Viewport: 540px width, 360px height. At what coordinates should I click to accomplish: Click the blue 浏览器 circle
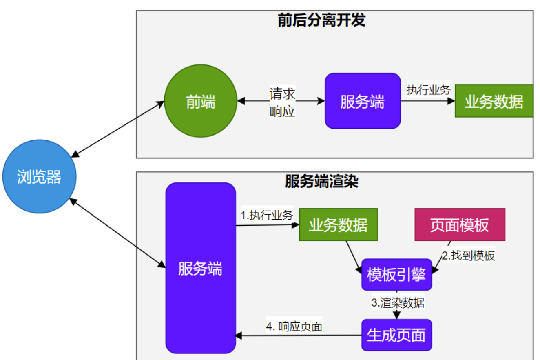click(39, 176)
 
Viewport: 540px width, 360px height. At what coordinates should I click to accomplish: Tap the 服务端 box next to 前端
click(362, 101)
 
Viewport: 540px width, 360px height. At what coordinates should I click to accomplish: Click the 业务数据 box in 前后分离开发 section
click(494, 101)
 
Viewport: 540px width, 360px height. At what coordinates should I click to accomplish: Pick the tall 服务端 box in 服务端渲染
click(200, 268)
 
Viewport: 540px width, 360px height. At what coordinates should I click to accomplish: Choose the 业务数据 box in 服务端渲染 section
click(338, 224)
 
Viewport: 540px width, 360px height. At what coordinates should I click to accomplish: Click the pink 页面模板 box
click(460, 224)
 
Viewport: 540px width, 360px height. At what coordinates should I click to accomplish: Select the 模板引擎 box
click(396, 274)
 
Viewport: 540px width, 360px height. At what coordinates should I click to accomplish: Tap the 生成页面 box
click(396, 335)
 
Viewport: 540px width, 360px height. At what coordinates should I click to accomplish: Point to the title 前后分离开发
click(321, 20)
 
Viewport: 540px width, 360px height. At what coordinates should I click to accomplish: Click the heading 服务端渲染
click(321, 181)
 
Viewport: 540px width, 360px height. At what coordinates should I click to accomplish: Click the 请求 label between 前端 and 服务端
click(282, 93)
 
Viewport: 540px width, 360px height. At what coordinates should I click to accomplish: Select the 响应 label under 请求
click(282, 111)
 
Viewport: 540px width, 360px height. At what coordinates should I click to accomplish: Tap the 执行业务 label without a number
click(428, 90)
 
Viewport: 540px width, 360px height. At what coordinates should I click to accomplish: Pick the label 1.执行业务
click(267, 215)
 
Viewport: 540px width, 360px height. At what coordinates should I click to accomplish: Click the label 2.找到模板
click(468, 256)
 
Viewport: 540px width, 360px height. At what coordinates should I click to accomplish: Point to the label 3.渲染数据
click(398, 303)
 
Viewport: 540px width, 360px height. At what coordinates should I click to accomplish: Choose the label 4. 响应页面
click(294, 327)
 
